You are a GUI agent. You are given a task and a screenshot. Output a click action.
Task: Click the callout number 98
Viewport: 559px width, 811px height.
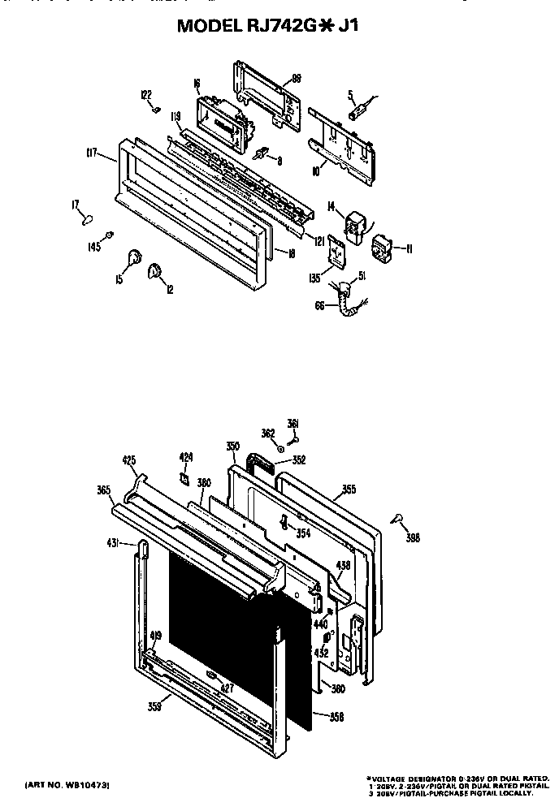(x=297, y=78)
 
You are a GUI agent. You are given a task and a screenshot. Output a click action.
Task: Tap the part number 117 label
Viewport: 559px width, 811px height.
(x=91, y=151)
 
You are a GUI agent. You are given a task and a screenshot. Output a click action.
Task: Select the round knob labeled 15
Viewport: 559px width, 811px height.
(x=132, y=260)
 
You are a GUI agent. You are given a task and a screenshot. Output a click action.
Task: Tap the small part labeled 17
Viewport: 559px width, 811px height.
(x=87, y=218)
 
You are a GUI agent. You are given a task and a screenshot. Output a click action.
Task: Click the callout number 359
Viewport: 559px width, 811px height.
(x=154, y=705)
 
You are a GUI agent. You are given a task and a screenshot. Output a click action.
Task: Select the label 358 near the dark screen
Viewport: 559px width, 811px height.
(x=337, y=716)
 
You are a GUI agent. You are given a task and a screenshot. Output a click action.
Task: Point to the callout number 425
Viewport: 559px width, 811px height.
(x=128, y=460)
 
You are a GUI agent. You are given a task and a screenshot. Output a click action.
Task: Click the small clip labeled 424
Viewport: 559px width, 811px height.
(x=184, y=478)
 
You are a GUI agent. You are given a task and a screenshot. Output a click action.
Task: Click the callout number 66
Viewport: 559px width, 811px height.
(x=321, y=305)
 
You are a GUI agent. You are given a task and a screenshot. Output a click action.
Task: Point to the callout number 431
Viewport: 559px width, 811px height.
(x=114, y=541)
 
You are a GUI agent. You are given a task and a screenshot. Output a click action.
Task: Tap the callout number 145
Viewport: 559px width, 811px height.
(x=95, y=247)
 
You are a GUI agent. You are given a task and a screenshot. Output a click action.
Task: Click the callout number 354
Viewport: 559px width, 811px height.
(x=303, y=533)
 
